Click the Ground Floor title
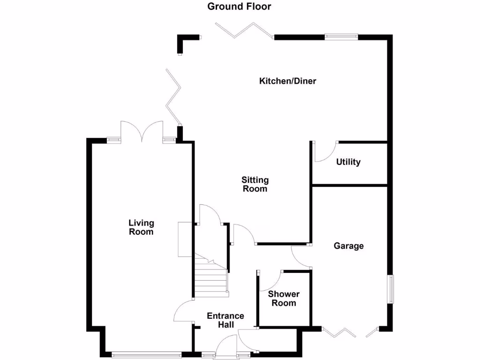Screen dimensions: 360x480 pyautogui.click(x=239, y=7)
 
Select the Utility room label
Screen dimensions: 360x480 pyautogui.click(x=348, y=162)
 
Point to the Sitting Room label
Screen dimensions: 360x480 pyautogui.click(x=255, y=184)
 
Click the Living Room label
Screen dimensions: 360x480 pyautogui.click(x=141, y=227)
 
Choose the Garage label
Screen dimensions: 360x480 pyautogui.click(x=348, y=246)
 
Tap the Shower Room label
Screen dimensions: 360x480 pyautogui.click(x=284, y=299)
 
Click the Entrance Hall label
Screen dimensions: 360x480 pyautogui.click(x=225, y=321)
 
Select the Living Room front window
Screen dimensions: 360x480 pyautogui.click(x=146, y=355)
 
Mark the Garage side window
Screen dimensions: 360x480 pyautogui.click(x=390, y=289)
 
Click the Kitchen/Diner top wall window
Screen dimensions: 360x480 pyautogui.click(x=342, y=36)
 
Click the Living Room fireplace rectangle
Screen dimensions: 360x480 pyautogui.click(x=185, y=239)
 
